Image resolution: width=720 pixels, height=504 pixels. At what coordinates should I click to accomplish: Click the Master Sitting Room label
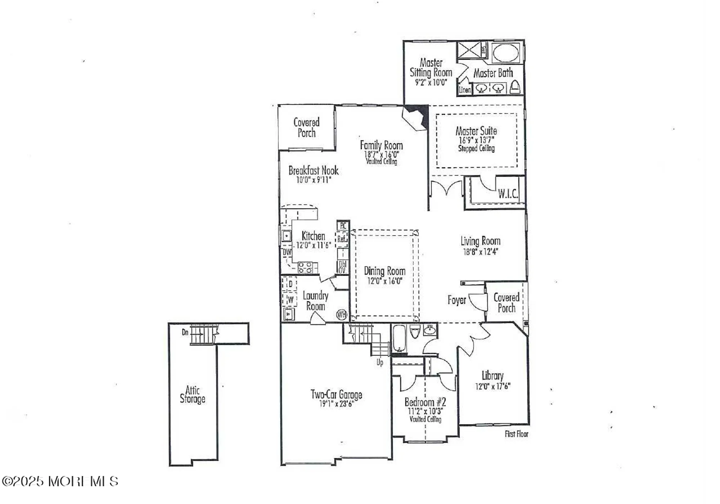[x=431, y=68]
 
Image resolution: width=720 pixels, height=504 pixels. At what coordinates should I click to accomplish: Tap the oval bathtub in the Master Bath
[x=505, y=53]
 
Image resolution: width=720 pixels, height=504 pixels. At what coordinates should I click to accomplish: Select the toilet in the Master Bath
[x=516, y=87]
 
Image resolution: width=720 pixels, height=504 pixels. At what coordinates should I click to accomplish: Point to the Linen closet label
[x=464, y=90]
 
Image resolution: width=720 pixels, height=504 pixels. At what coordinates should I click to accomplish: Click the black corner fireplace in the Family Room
[x=419, y=114]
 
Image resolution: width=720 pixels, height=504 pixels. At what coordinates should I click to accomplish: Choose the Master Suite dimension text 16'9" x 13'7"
[x=476, y=140]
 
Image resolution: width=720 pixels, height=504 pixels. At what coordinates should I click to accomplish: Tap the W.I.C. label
[x=508, y=194]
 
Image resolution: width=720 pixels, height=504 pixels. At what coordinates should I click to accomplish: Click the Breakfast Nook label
[x=313, y=170]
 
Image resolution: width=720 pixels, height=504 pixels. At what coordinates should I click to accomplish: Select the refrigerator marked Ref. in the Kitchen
[x=342, y=239]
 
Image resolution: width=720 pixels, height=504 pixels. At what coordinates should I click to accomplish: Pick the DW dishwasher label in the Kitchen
[x=287, y=252]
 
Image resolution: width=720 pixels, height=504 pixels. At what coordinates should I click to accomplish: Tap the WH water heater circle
[x=341, y=315]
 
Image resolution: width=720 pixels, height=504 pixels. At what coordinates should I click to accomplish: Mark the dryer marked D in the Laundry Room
[x=290, y=284]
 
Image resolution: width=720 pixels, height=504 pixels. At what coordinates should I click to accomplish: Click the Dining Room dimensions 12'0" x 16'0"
[x=384, y=281]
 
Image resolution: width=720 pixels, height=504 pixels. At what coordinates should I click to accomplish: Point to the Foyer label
[x=456, y=300]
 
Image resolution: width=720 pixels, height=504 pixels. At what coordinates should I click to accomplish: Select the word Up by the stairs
[x=380, y=362]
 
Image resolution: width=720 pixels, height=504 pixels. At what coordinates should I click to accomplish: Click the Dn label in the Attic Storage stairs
[x=185, y=332]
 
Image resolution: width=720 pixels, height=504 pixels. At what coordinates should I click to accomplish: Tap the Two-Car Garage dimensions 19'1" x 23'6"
[x=336, y=404]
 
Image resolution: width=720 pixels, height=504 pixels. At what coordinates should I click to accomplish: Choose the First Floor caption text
[x=516, y=434]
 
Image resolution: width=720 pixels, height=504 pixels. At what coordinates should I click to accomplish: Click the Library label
[x=492, y=375]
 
